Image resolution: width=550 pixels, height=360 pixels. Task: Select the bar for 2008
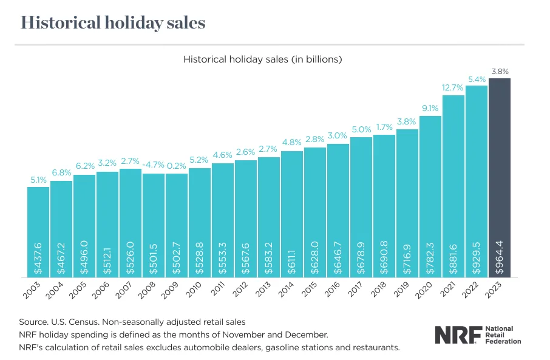154,225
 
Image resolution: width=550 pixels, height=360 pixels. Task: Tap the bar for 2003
38,231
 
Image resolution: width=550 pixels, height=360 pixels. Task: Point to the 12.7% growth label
453,87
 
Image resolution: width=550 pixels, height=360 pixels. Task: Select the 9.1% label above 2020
430,108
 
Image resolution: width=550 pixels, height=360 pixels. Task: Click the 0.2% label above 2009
177,166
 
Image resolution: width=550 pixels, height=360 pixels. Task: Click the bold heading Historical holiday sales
113,23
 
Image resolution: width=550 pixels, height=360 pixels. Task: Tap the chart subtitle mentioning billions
263,59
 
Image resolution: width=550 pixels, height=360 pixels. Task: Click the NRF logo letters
457,335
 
